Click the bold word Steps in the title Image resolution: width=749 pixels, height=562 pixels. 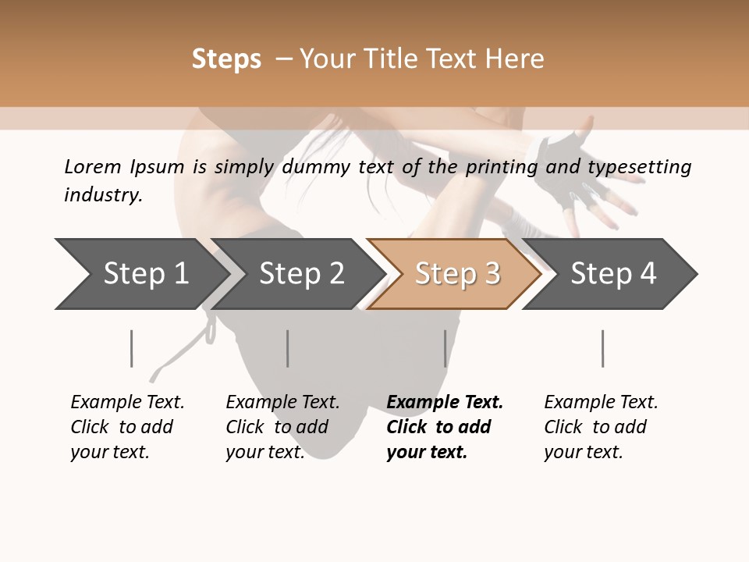226,59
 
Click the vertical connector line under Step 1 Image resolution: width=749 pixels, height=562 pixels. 132,348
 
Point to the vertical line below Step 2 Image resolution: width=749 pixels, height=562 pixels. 288,348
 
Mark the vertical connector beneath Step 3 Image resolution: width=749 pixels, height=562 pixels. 445,348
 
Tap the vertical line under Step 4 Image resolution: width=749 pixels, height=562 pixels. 603,348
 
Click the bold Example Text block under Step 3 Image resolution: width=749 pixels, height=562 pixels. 444,427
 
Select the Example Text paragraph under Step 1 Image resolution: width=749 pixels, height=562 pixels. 127,427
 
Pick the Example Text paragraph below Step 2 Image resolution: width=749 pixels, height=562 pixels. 282,427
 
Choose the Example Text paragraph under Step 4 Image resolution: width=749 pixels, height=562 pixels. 601,427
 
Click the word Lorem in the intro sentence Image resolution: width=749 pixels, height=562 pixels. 92,167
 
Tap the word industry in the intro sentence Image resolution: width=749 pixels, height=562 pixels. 102,195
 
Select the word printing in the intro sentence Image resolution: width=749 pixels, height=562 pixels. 499,167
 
